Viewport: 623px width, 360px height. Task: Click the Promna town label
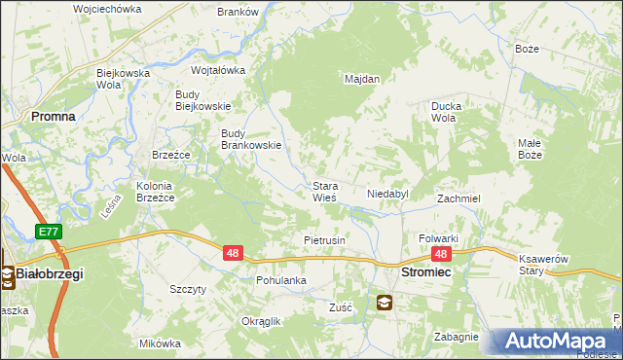tap(54, 115)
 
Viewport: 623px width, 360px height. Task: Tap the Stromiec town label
tap(424, 274)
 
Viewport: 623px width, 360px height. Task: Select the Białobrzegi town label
tap(50, 274)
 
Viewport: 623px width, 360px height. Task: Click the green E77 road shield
tap(48, 232)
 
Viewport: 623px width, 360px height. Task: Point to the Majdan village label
tap(362, 79)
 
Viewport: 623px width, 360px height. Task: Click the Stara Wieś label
tap(324, 191)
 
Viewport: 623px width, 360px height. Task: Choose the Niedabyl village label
tap(387, 194)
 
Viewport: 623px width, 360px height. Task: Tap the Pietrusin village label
tap(325, 239)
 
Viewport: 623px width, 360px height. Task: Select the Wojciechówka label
tap(107, 9)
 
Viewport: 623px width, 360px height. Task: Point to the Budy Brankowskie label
tap(251, 139)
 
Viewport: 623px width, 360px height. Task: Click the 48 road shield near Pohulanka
tap(233, 253)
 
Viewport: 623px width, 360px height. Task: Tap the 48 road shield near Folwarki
tap(441, 254)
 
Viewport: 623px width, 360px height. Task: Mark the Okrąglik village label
tap(261, 321)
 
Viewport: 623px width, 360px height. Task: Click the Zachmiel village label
tap(459, 198)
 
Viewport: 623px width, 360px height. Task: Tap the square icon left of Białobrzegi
tap(7, 274)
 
